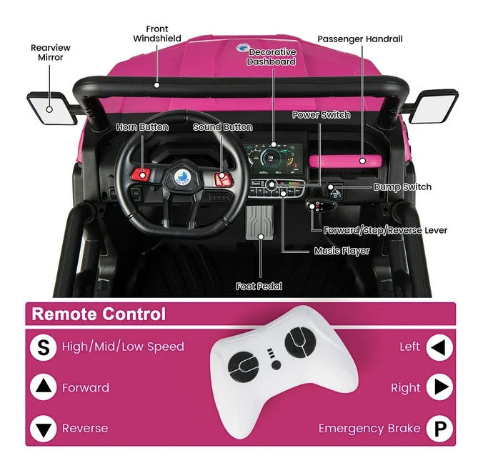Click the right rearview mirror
pos(434,106)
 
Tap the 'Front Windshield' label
pos(157,34)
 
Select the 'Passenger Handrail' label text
pos(360,39)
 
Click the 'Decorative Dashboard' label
pos(272,57)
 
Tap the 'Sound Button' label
pos(222,127)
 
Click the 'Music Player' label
pos(342,251)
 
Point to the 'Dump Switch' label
pos(402,187)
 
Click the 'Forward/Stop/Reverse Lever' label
pos(385,230)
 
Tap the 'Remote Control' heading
pos(99,314)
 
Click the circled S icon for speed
pos(44,347)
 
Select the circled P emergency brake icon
pos(439,429)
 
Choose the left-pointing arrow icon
pos(439,348)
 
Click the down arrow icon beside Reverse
pos(44,429)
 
